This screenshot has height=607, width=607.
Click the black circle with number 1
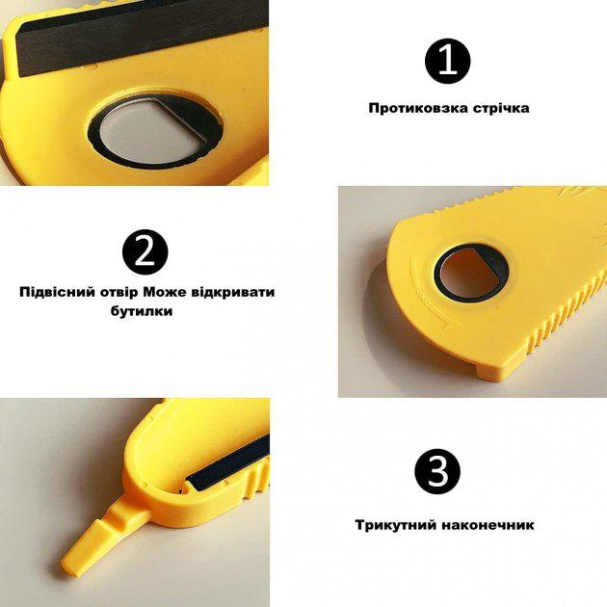447,62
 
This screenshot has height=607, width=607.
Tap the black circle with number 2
145,251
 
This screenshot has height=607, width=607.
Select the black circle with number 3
437,472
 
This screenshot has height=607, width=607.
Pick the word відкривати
229,291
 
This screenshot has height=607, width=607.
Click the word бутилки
140,313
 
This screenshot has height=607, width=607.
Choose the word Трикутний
393,525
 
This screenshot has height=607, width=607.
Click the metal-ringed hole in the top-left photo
145,129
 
